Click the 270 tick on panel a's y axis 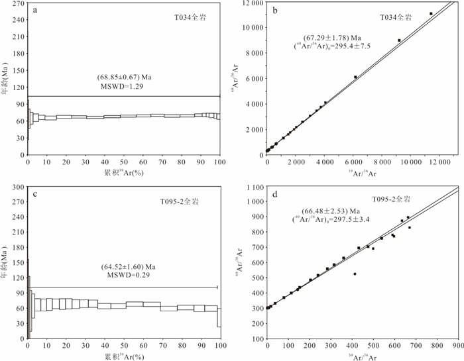pos(18,3)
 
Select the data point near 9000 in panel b pos(399,40)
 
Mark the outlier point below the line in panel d pos(355,274)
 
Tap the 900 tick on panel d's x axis pos(457,346)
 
